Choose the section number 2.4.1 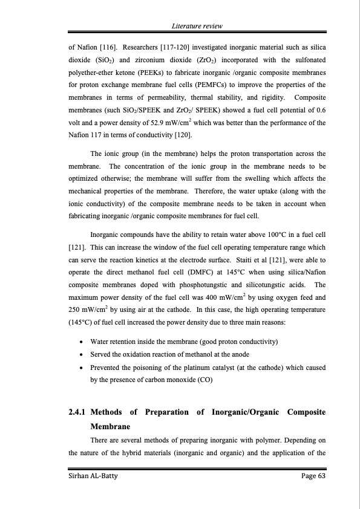(77, 412)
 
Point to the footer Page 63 (310, 477)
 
